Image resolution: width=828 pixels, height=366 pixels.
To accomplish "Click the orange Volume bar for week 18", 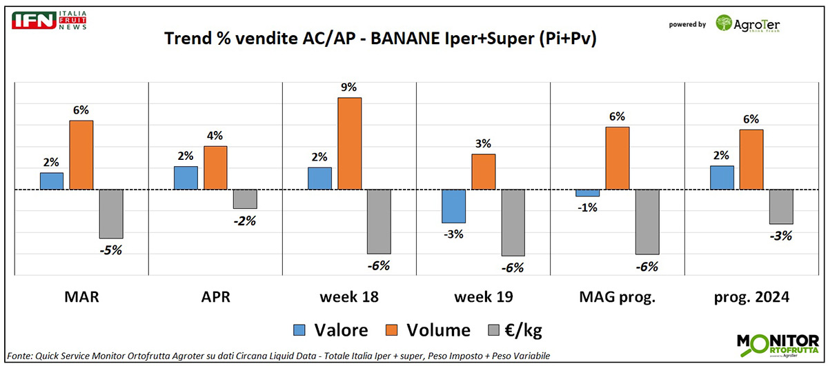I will [x=350, y=143].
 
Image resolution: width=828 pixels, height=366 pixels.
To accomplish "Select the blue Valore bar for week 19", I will [x=453, y=206].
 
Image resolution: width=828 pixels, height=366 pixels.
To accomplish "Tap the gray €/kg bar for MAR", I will [x=111, y=214].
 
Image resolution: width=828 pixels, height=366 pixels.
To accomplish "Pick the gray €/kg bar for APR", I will [x=245, y=199].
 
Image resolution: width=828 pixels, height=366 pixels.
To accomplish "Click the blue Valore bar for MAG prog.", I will [x=587, y=193].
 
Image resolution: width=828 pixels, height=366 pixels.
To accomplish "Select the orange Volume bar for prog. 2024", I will [x=751, y=159].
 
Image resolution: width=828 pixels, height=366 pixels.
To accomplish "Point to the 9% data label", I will [x=350, y=88].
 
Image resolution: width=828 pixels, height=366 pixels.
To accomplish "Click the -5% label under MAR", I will [x=111, y=250].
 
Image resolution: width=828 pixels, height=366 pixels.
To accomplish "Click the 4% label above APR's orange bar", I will [x=215, y=135].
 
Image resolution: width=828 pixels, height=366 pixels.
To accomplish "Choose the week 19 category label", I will [x=483, y=298].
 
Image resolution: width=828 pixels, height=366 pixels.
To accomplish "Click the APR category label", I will [x=215, y=298].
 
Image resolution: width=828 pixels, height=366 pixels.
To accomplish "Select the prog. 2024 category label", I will [x=751, y=298].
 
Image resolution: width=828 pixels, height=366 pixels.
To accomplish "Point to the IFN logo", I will [x=48, y=20].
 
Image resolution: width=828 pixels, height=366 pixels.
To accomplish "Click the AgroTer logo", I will [x=748, y=24].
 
